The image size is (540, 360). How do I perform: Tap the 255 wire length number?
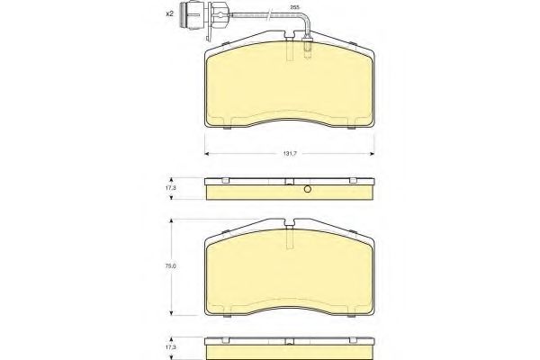tap(294, 7)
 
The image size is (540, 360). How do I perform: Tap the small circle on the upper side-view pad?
tap(307, 190)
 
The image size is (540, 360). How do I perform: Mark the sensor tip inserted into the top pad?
tap(308, 50)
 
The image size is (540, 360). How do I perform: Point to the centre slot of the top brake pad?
tap(289, 51)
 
